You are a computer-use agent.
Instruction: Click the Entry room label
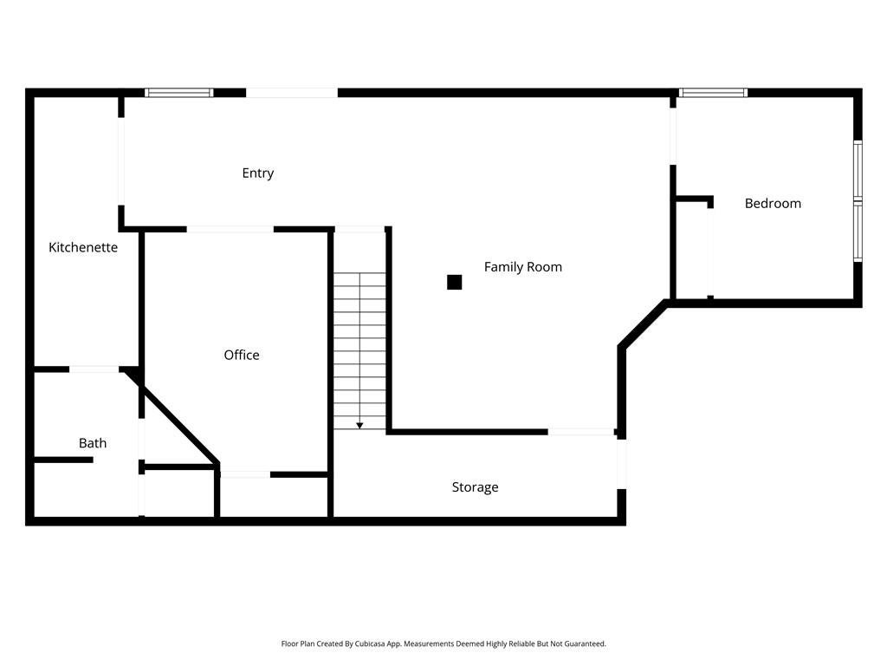point(257,173)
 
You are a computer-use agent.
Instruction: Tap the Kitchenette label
point(83,248)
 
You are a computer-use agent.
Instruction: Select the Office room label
point(242,356)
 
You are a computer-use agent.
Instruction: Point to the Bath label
point(93,443)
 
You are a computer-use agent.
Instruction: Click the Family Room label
point(522,267)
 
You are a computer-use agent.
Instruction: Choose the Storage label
point(475,487)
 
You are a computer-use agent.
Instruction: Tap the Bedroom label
point(773,204)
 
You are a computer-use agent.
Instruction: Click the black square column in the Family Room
point(454,282)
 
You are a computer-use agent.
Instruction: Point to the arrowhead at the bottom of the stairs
point(359,425)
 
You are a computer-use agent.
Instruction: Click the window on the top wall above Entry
point(178,93)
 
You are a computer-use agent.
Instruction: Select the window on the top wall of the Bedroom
point(713,93)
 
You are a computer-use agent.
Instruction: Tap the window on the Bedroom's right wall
point(858,201)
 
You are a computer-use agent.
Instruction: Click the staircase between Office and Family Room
point(359,347)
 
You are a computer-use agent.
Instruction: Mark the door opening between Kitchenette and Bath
point(94,369)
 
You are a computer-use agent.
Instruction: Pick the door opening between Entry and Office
point(230,229)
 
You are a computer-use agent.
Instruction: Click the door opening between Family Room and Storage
point(580,432)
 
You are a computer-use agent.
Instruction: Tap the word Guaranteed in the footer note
point(587,644)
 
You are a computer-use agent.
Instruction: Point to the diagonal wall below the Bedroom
point(643,324)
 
